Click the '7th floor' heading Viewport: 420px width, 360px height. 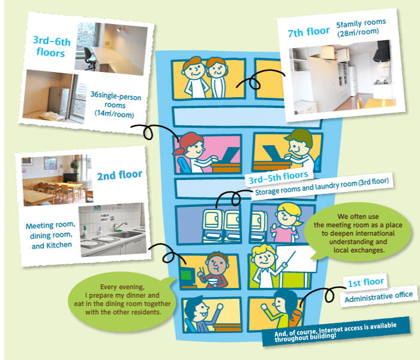(x=308, y=32)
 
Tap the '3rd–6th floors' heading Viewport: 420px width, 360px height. (x=52, y=46)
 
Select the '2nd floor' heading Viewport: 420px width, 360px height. (x=119, y=175)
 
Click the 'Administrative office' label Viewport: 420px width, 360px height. (x=379, y=297)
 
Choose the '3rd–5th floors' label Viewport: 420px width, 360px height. (x=278, y=178)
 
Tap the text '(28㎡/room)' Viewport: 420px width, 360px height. (x=358, y=32)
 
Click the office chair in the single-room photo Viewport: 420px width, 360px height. (x=89, y=58)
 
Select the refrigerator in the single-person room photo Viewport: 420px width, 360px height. (x=58, y=101)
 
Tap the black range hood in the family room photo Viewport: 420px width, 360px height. (x=381, y=51)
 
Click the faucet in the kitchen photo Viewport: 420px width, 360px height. (x=119, y=226)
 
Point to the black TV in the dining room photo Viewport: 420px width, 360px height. (x=70, y=178)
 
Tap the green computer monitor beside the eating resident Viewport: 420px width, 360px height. (x=187, y=275)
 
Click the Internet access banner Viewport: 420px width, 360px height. (x=336, y=331)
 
